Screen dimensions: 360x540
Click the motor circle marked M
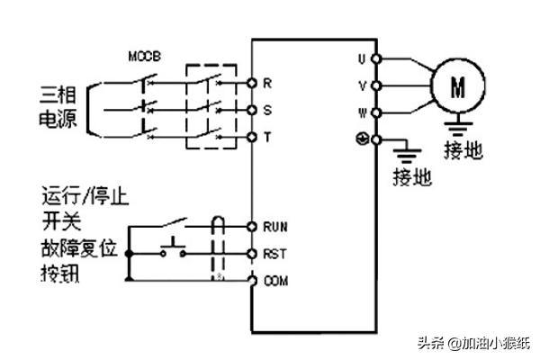[x=457, y=86]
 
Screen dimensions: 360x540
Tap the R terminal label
[x=267, y=83]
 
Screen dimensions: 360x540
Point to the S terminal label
[x=267, y=110]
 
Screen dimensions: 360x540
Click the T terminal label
[x=267, y=137]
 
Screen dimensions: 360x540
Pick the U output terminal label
[x=362, y=59]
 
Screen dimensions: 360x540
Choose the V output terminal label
[x=362, y=86]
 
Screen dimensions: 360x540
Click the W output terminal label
[x=362, y=113]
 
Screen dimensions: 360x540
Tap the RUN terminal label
[x=274, y=227]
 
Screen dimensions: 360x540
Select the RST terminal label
[x=274, y=254]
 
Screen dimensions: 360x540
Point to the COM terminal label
[x=275, y=281]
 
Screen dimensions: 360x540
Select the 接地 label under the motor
[x=463, y=149]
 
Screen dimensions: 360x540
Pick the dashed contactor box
[x=211, y=106]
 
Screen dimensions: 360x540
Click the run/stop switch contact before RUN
[x=174, y=221]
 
